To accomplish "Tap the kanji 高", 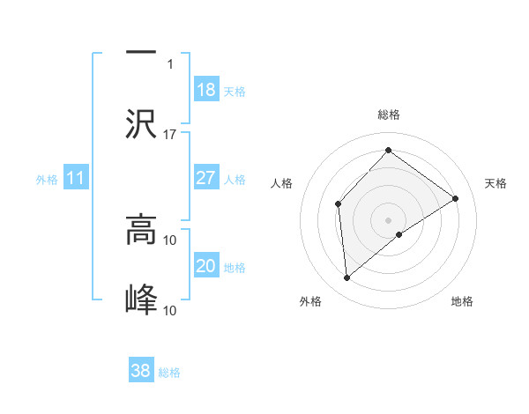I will (x=141, y=231).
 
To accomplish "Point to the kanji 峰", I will (x=141, y=299).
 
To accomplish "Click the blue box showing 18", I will (x=205, y=90).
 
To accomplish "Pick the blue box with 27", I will (x=205, y=178).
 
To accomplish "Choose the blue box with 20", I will (x=205, y=266).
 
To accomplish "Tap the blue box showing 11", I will (x=76, y=178).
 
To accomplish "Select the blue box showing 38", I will (x=141, y=371).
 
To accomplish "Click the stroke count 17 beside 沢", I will (x=170, y=134).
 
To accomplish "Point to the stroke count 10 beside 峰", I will (x=170, y=310).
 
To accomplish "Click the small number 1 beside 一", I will (x=170, y=64).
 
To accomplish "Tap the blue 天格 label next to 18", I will (x=234, y=92).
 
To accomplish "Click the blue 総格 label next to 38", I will (x=169, y=373).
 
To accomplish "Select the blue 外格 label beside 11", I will (x=47, y=180).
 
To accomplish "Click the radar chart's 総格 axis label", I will (x=388, y=115).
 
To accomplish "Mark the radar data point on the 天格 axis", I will (x=456, y=198).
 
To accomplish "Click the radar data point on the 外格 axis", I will (x=347, y=278).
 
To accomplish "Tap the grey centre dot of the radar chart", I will (x=388, y=219).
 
